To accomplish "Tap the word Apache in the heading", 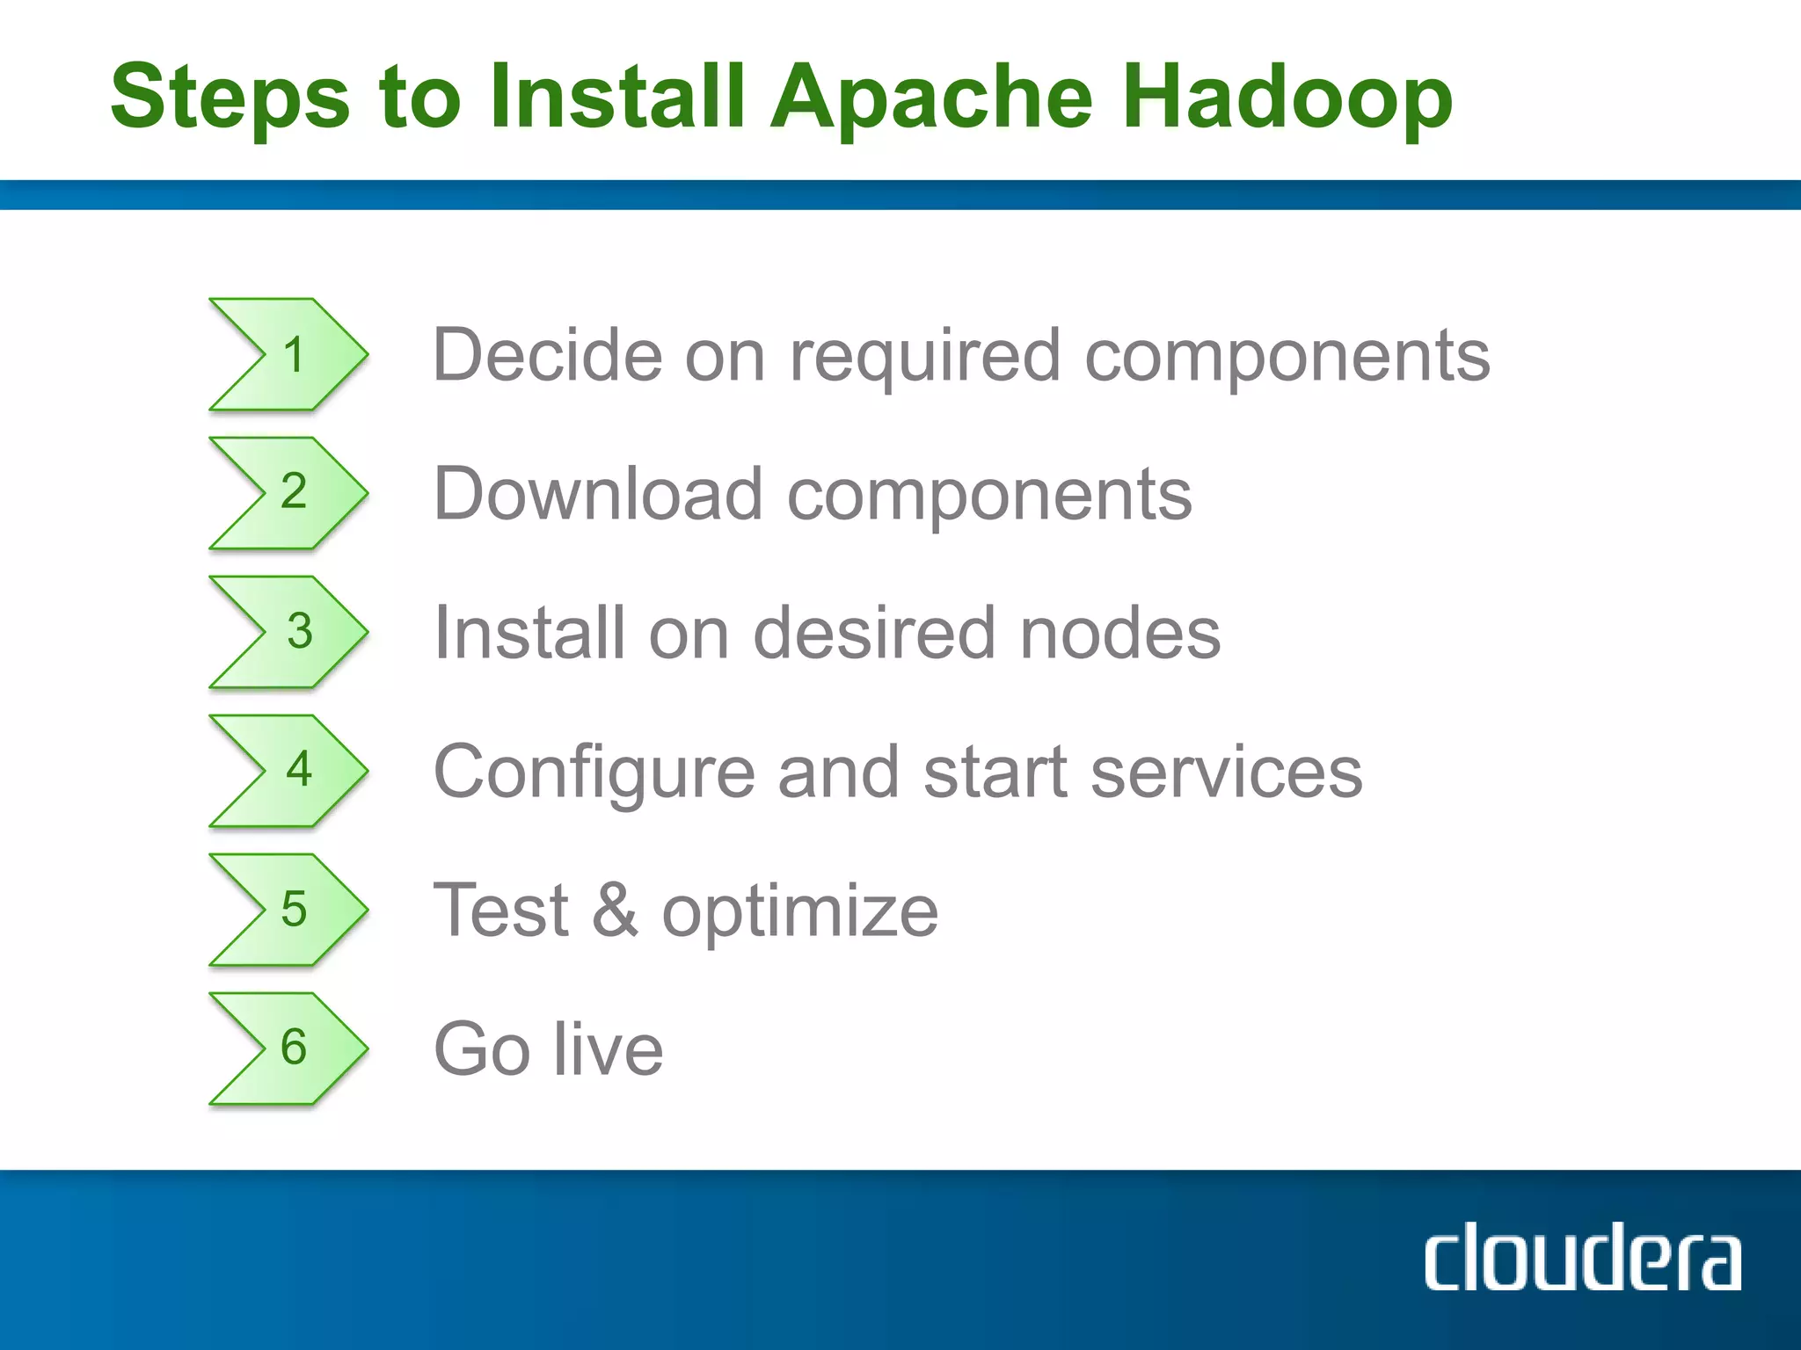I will tap(931, 98).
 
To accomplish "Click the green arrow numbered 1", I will tap(289, 354).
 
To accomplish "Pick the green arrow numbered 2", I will tap(289, 493).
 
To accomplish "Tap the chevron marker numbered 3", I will tap(289, 632).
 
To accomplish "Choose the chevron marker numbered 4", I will tap(289, 771).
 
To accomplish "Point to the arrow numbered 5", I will tap(289, 910).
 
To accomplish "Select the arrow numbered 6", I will tap(289, 1049).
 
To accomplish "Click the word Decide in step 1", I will tap(547, 355).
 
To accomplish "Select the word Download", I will tap(598, 494).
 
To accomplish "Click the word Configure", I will tap(594, 773).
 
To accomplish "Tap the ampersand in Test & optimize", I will tap(615, 911).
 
